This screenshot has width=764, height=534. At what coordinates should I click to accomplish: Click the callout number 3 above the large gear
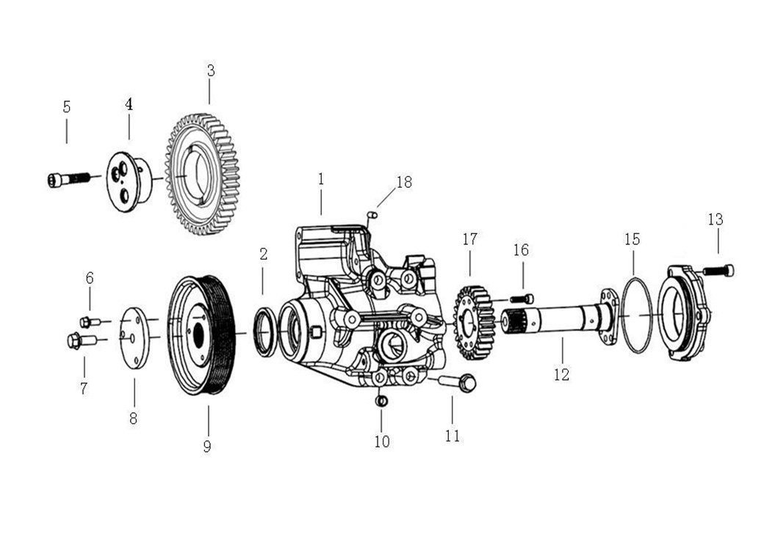point(211,71)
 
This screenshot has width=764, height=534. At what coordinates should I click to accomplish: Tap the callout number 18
point(404,182)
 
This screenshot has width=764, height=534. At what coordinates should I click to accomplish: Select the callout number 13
point(716,219)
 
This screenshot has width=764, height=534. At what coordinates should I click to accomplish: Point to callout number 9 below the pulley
point(207,446)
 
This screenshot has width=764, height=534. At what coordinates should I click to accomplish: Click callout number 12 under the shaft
point(561,375)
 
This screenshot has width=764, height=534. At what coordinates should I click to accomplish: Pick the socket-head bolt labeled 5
point(69,180)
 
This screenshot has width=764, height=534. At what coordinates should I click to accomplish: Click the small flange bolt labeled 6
point(90,321)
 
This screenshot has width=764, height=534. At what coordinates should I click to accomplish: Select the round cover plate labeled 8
point(134,337)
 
